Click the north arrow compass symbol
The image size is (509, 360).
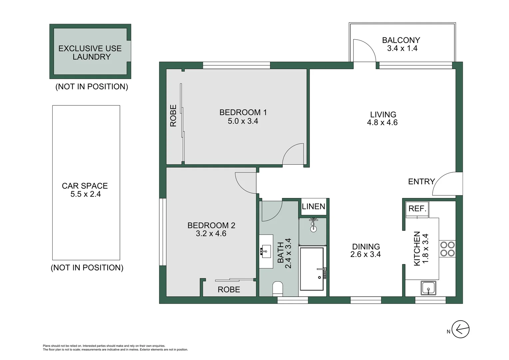point(460,330)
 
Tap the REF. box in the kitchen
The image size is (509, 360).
point(417,209)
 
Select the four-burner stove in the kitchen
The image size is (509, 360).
point(447,249)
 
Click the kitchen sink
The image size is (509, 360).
point(428,288)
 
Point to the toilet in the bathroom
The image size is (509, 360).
point(277,289)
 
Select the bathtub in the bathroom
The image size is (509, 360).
point(312,269)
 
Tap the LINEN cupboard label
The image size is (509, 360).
point(313,207)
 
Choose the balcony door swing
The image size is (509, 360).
point(364,51)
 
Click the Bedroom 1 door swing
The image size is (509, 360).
point(293,154)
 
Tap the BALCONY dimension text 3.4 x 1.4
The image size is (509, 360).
point(402,48)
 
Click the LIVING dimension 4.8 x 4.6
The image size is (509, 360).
point(382,123)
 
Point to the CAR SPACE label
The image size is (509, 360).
point(85,186)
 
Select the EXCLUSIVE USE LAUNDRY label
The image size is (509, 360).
point(90,53)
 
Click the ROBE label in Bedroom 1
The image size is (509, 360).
point(173,116)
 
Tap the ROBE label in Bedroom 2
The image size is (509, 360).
point(229,290)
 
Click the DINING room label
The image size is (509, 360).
point(366,247)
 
